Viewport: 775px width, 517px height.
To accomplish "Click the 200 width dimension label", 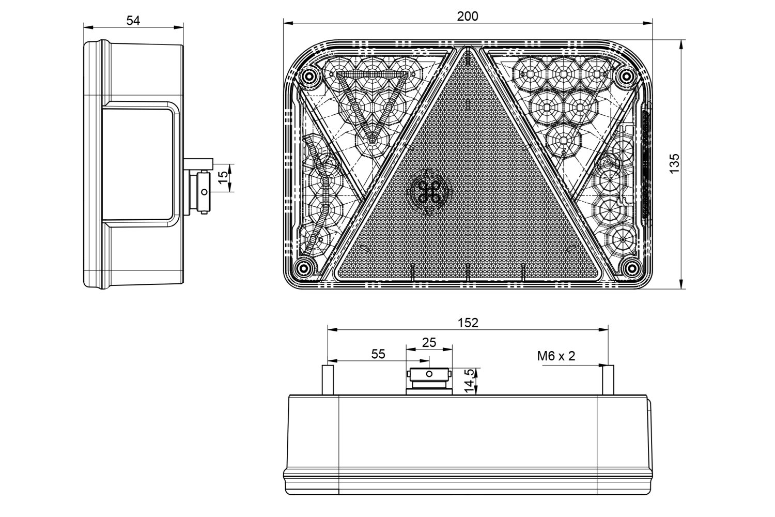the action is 468,16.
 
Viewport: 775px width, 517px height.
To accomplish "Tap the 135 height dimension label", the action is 674,163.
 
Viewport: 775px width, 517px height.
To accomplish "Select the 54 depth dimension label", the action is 133,21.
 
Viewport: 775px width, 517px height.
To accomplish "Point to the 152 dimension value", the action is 468,323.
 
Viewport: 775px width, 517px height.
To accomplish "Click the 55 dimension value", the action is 378,354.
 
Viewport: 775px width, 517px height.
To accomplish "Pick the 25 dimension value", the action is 429,342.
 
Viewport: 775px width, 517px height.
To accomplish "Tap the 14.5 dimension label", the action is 469,381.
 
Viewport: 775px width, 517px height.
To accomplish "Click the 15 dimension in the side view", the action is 224,177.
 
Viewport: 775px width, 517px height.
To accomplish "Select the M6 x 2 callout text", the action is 556,356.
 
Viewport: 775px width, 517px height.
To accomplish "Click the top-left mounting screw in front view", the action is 307,76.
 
